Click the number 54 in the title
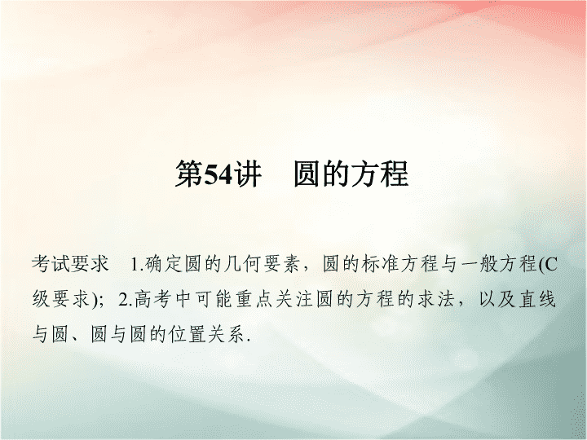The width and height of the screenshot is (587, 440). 218,174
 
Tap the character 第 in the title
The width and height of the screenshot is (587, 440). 189,174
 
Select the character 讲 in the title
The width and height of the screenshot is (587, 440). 247,174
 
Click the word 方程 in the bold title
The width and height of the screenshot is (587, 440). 379,174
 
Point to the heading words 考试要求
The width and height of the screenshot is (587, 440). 70,264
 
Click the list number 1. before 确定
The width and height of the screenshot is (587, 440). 138,265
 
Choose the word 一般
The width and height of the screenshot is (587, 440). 479,264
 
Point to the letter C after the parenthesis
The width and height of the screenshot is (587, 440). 549,265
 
